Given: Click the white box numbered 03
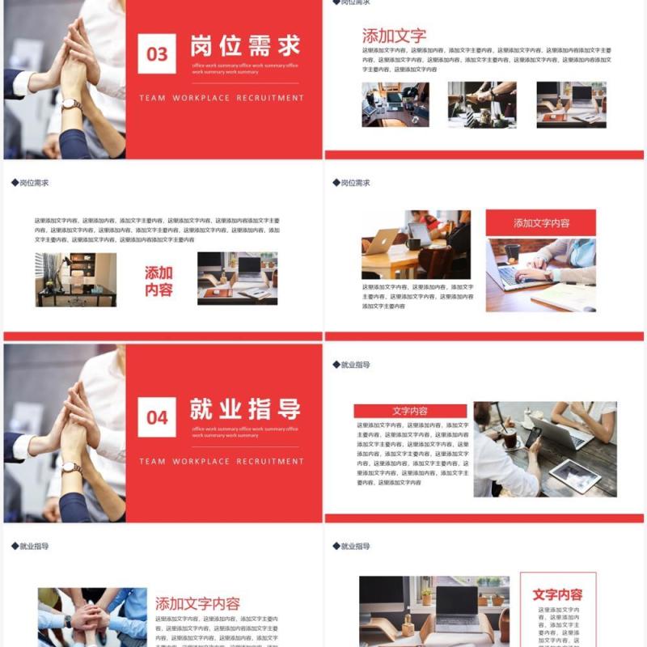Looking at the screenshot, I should [157, 54].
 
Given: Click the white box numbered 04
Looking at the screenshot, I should [157, 417].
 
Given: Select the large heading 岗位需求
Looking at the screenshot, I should [245, 45].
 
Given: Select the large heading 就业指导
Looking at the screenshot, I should [245, 408].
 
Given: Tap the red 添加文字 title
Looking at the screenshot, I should [394, 36].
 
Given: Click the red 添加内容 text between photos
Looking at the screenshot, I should [159, 281].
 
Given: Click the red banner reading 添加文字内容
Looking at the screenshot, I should [541, 223].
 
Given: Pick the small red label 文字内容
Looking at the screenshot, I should [410, 411].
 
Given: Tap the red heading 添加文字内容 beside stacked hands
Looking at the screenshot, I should [197, 603].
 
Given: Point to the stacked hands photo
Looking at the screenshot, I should [92, 617].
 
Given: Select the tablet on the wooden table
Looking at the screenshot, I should [575, 476].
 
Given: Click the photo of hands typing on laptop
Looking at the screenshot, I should [540, 275].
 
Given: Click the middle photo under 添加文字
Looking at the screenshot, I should [482, 104].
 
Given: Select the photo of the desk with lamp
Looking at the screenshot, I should [76, 279].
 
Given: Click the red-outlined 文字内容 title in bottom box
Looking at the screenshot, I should [557, 594].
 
